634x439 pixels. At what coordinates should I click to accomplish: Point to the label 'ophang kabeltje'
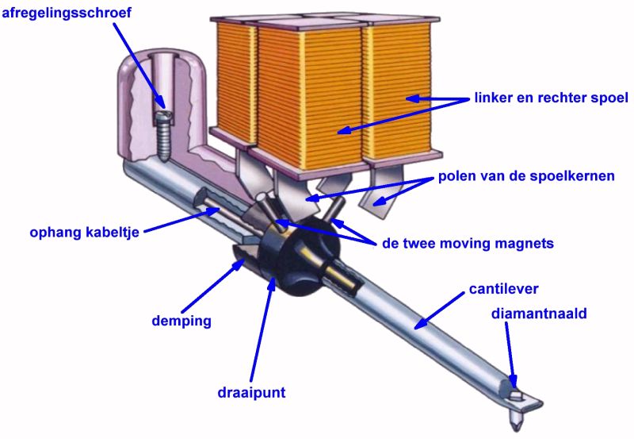[x=86, y=233]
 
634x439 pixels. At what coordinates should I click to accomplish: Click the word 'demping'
[x=183, y=322]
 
